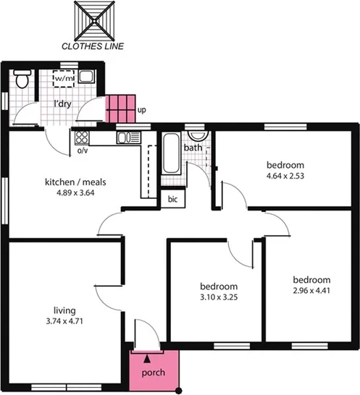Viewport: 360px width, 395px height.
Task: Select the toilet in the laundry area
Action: coord(22,80)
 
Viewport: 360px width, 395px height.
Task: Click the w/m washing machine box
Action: coord(64,78)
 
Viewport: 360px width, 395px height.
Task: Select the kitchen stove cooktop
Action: coord(81,137)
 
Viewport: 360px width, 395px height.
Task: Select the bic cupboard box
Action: coord(173,198)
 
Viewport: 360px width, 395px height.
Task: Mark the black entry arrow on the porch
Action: coord(148,357)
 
